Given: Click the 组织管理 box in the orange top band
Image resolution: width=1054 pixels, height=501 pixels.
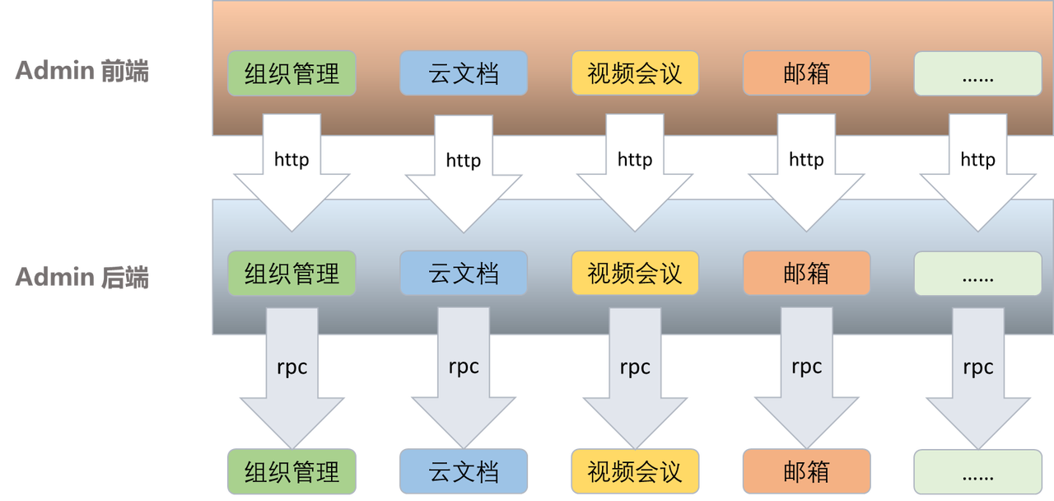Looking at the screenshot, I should click(x=292, y=73).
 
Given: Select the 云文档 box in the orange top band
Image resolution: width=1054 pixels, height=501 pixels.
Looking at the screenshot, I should click(x=464, y=73).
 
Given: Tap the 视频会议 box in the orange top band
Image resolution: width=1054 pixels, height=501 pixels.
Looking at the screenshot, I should click(x=635, y=73).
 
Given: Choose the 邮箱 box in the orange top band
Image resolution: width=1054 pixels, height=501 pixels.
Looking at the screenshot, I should click(x=806, y=73).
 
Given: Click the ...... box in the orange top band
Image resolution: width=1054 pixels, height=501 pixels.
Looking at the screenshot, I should click(x=977, y=73).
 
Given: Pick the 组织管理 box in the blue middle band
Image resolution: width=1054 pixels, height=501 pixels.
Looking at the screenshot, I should click(x=292, y=273).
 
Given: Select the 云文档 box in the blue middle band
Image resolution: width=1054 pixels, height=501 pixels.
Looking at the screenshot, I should click(x=464, y=273).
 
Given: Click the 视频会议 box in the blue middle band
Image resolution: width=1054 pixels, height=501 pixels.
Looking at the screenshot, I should click(x=635, y=273).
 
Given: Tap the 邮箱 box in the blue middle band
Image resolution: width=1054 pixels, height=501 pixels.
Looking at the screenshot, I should click(x=806, y=273).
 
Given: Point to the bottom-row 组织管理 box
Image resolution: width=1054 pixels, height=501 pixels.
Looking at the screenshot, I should click(x=292, y=472).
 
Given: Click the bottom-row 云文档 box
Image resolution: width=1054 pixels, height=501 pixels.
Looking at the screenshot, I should click(x=464, y=472).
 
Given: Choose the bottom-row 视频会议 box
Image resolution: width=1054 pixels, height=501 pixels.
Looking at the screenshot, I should click(x=635, y=472).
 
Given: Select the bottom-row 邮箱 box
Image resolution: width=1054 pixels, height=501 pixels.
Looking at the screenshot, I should click(x=806, y=472).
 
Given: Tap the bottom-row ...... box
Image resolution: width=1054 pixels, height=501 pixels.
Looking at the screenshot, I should click(x=977, y=472).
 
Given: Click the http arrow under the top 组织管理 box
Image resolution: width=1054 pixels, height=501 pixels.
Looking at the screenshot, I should click(x=292, y=169).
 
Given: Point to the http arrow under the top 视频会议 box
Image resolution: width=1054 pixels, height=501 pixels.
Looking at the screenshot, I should click(x=635, y=169).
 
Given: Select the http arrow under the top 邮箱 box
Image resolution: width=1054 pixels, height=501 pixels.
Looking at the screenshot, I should click(x=806, y=169).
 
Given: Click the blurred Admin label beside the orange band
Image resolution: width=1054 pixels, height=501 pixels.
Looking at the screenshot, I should click(x=82, y=73).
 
